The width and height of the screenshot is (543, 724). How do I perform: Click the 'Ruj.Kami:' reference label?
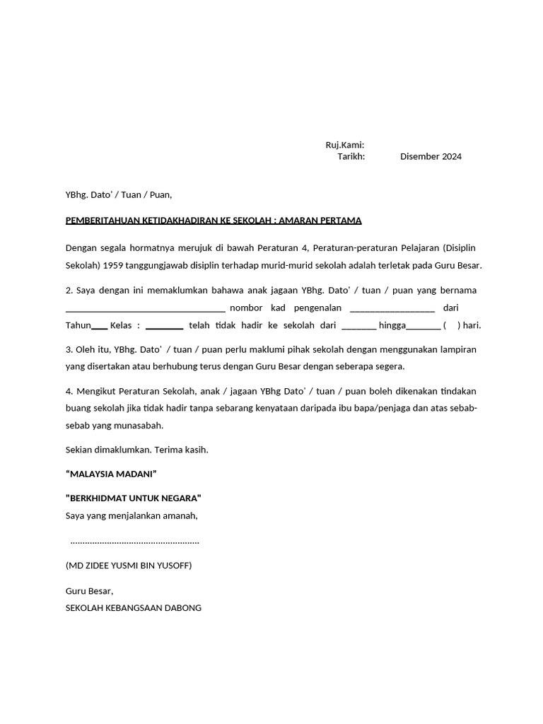tap(344, 145)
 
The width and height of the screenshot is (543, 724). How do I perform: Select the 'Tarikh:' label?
tap(351, 157)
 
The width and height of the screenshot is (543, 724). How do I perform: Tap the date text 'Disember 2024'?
tap(431, 157)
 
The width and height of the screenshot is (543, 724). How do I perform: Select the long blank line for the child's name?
tap(145, 309)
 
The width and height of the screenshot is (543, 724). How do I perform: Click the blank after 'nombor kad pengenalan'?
tap(392, 309)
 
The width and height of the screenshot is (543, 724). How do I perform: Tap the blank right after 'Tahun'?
tap(100, 327)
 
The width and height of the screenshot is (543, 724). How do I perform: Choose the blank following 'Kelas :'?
tap(164, 327)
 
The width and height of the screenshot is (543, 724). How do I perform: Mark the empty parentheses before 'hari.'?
tap(452, 326)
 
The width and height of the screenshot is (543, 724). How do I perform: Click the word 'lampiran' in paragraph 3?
tap(458, 349)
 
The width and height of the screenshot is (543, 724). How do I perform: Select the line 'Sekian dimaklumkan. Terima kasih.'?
tap(136, 450)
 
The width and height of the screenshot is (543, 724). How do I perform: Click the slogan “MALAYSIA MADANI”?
tap(110, 474)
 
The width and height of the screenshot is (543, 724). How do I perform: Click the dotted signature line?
tap(135, 542)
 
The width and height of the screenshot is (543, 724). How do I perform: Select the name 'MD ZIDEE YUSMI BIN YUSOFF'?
tap(128, 566)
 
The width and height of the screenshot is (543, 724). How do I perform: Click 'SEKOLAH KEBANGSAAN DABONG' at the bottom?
tap(133, 608)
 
